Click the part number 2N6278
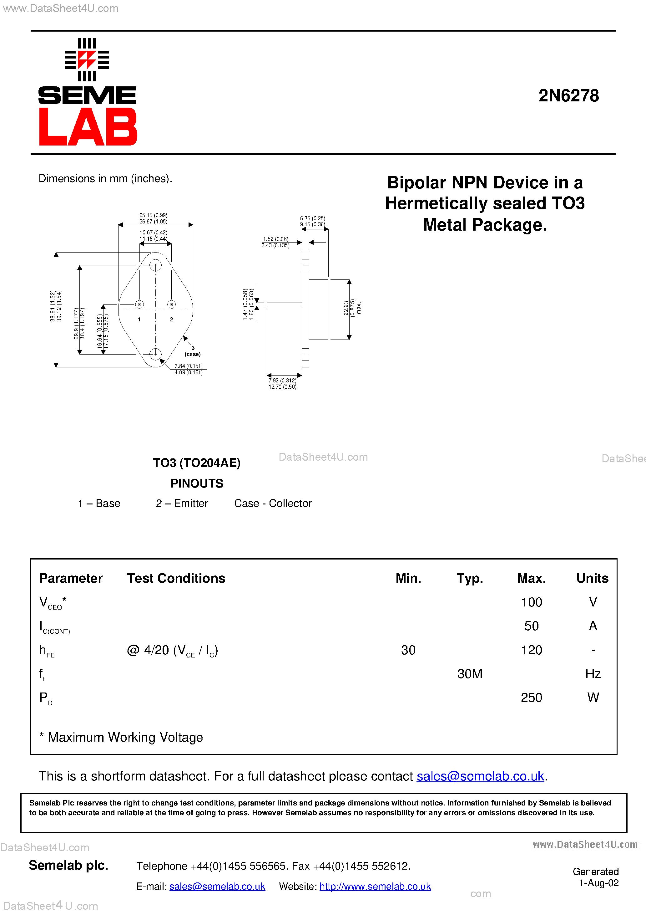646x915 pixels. pyautogui.click(x=568, y=96)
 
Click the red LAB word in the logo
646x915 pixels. pyautogui.click(x=88, y=127)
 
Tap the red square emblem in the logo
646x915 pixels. pyautogui.click(x=87, y=60)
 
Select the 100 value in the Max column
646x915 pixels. pyautogui.click(x=531, y=602)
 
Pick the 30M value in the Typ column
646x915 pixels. pyautogui.click(x=470, y=674)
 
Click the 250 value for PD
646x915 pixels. pyautogui.click(x=531, y=698)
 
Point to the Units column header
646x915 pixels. pyautogui.click(x=592, y=578)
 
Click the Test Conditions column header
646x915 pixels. pyautogui.click(x=176, y=578)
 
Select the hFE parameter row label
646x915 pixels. pyautogui.click(x=47, y=651)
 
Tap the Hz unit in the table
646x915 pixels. pyautogui.click(x=593, y=674)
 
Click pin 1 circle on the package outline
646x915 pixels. pyautogui.click(x=139, y=304)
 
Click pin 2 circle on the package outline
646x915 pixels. pyautogui.click(x=172, y=304)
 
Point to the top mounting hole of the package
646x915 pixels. pyautogui.click(x=155, y=265)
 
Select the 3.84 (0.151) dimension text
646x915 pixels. pyautogui.click(x=188, y=366)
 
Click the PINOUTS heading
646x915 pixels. pyautogui.click(x=197, y=483)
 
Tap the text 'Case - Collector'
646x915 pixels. pyautogui.click(x=273, y=503)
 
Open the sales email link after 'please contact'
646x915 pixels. pyautogui.click(x=480, y=776)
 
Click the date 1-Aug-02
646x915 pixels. pyautogui.click(x=598, y=883)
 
